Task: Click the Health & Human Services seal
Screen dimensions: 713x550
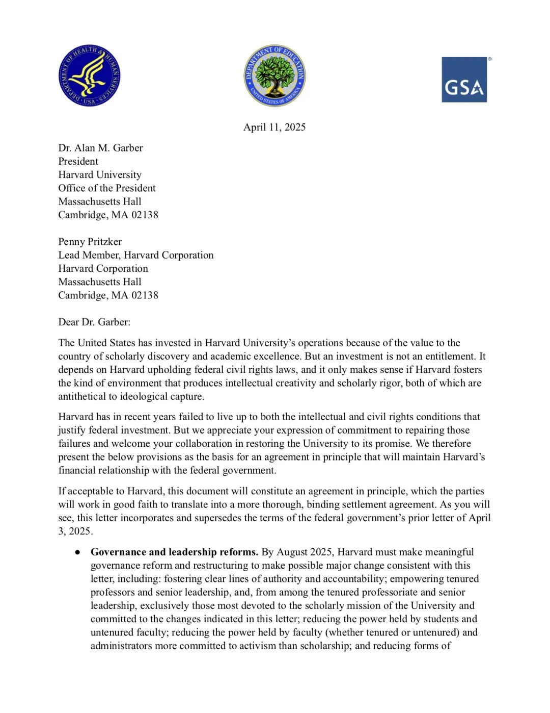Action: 90,75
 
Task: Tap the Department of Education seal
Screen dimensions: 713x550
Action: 275,75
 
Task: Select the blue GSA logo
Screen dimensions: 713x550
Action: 464,80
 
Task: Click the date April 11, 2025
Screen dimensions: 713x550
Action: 274,127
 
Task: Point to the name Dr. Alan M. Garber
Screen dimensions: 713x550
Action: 100,148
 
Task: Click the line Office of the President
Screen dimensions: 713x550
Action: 107,188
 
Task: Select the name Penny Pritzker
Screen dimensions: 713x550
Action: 90,242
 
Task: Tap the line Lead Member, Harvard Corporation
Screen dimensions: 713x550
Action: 136,255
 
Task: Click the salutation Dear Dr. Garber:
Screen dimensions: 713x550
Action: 94,322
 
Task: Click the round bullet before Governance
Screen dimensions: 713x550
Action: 78,552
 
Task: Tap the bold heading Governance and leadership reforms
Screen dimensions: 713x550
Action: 175,552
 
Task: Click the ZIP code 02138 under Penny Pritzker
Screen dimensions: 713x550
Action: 145,295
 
